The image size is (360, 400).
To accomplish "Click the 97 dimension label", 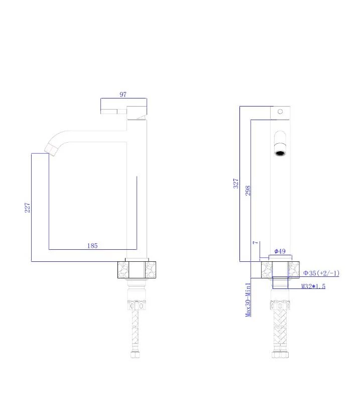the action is click(123, 94).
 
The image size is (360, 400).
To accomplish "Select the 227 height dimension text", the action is click(27, 208).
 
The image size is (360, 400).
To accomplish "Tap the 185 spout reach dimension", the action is click(92, 246).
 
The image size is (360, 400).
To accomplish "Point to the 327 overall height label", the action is click(236, 183).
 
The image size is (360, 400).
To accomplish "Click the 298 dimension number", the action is click(248, 190).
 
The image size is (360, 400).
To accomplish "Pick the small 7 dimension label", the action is click(256, 243).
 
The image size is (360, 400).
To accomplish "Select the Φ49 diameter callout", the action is click(280, 251).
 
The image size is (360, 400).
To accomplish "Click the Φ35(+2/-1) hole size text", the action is click(321, 273).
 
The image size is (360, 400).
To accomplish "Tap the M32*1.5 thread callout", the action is click(313, 286).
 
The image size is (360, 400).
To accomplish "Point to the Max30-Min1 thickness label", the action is click(248, 299).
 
